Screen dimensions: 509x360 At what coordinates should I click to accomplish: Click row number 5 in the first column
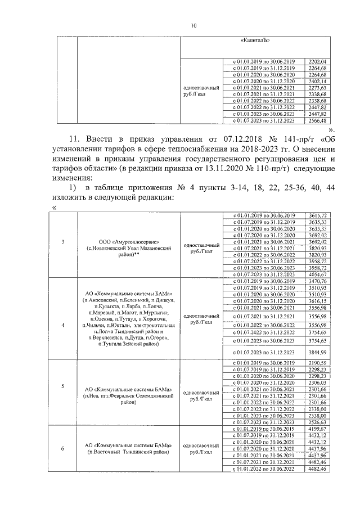[x=62, y=386]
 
